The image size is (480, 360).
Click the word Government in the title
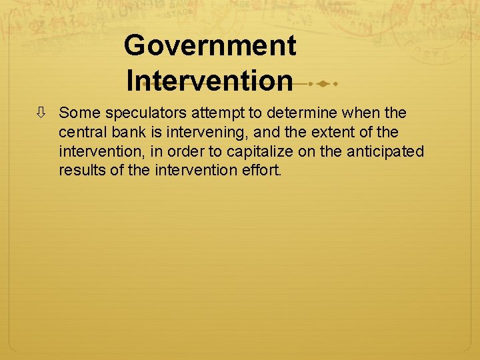(210, 46)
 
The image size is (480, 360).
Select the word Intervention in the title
(209, 81)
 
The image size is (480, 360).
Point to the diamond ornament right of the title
(322, 84)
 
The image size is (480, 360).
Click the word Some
(79, 114)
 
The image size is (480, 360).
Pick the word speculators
(141, 114)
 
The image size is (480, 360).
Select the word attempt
(213, 114)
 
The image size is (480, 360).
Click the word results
(81, 170)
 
